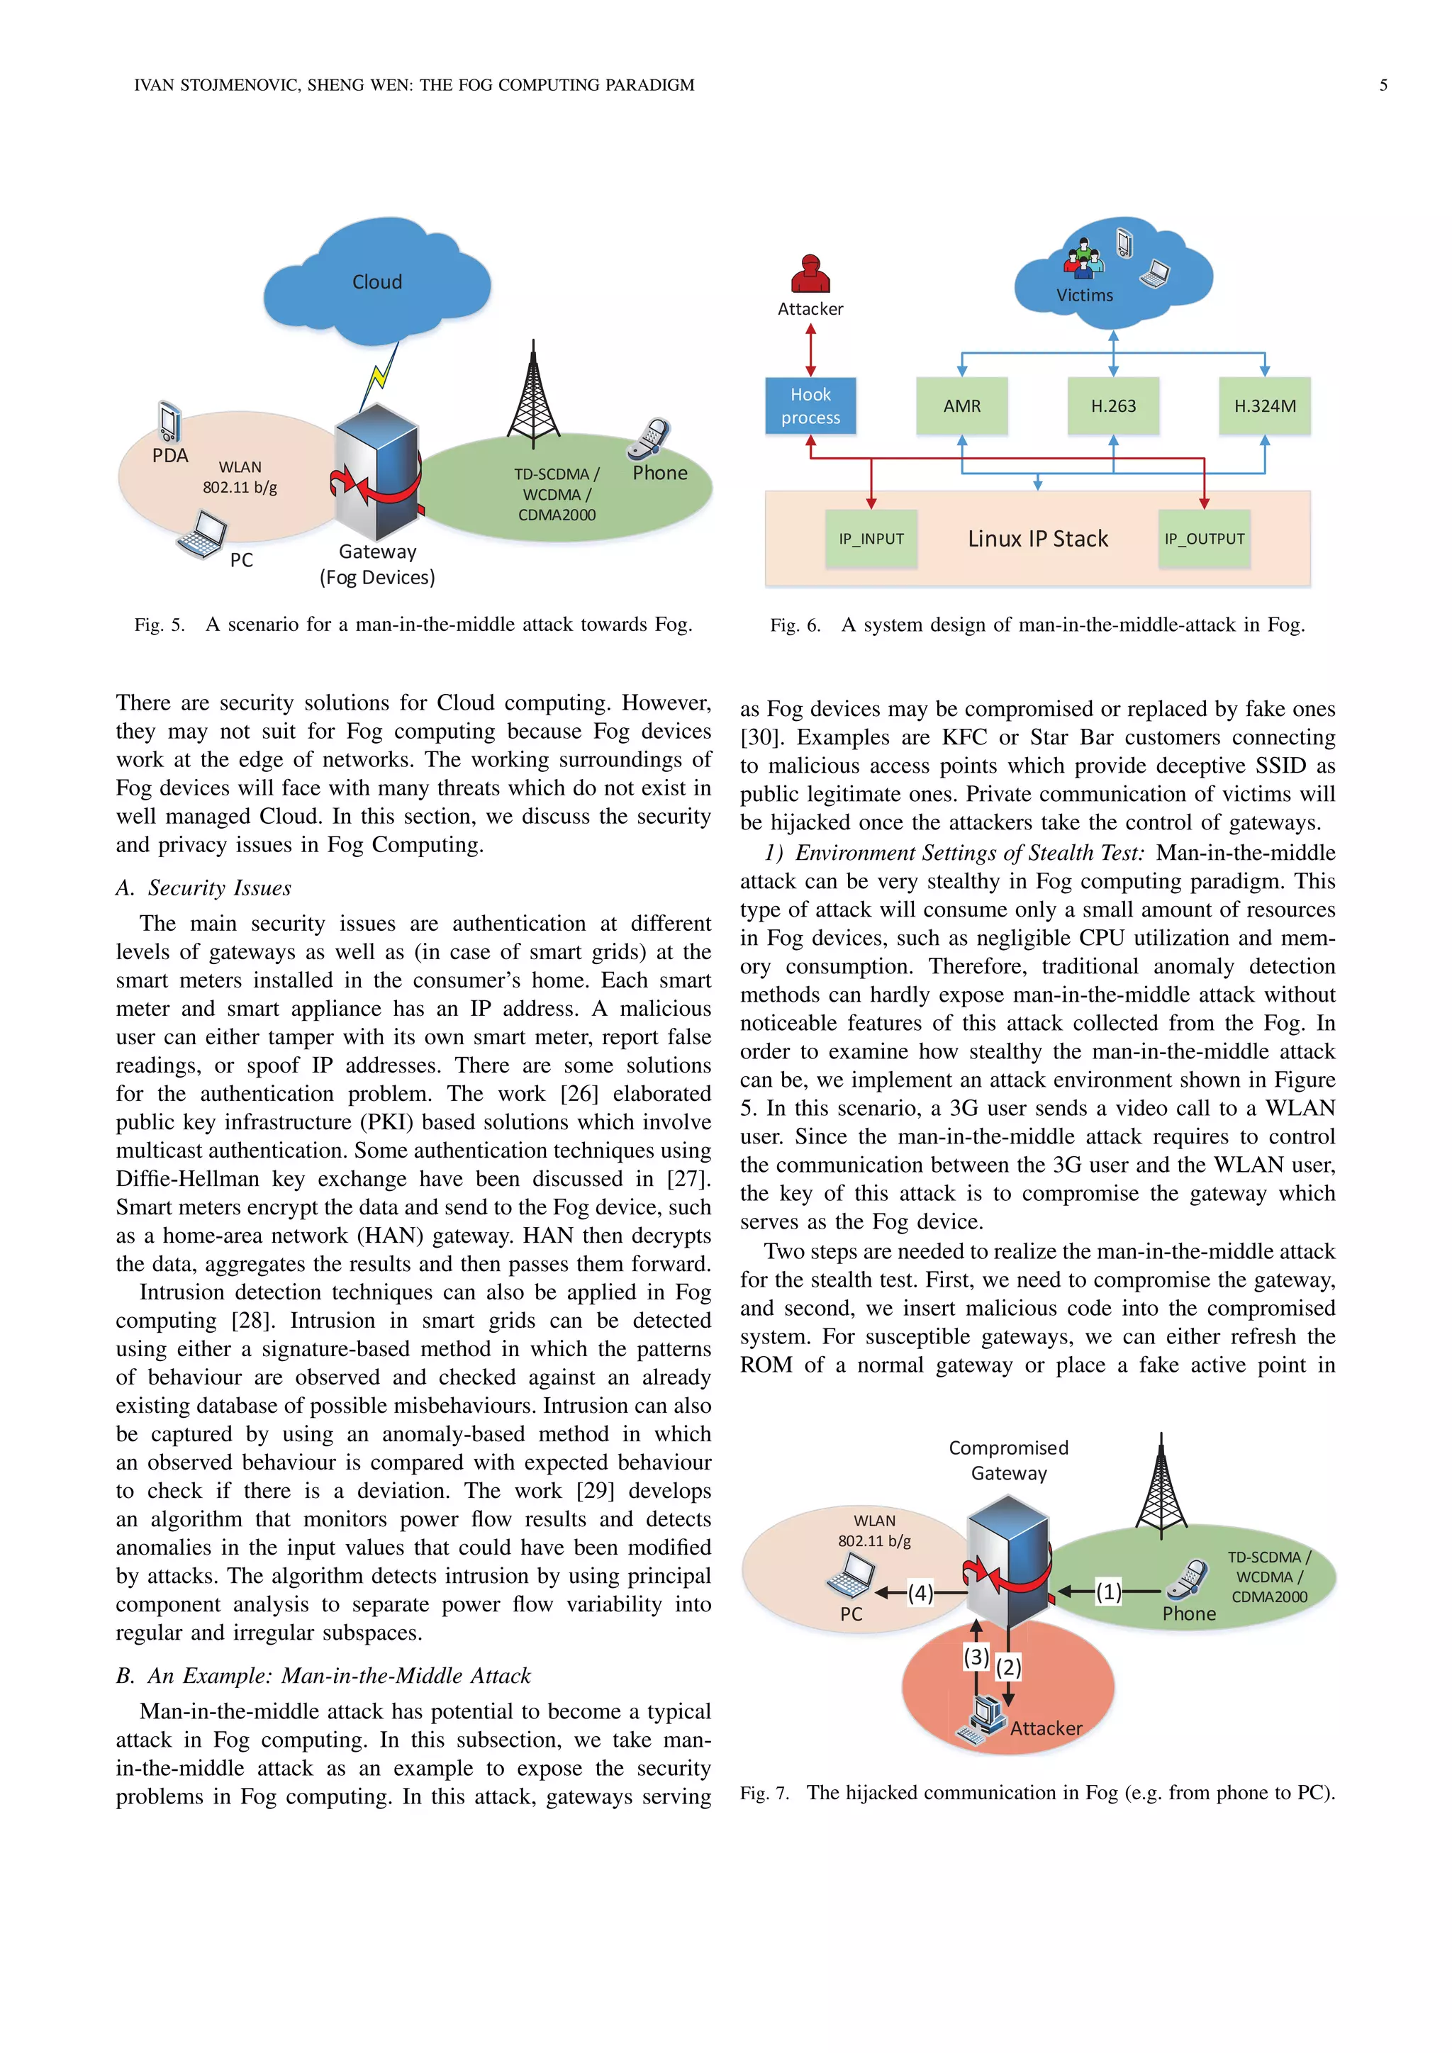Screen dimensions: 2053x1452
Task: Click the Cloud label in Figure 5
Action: point(376,281)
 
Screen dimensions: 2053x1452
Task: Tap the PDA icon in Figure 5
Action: point(169,421)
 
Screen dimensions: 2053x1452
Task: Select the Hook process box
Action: point(810,406)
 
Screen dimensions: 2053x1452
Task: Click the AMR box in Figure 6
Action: point(961,406)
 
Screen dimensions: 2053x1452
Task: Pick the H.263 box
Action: point(1113,406)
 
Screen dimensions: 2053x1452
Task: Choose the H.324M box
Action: point(1264,406)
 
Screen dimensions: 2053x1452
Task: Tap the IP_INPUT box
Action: point(871,538)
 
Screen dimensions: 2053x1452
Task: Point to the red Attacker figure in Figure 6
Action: point(810,274)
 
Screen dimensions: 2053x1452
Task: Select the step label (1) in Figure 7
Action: point(1109,1592)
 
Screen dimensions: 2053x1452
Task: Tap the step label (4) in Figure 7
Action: point(920,1592)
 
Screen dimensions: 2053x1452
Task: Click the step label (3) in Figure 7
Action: point(976,1657)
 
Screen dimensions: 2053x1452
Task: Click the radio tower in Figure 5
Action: point(533,398)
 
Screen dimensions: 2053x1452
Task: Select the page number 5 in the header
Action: point(1383,85)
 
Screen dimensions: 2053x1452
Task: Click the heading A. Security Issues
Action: point(204,888)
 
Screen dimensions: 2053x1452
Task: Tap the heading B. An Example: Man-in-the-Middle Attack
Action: point(324,1676)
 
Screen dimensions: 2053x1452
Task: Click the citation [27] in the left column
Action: point(688,1178)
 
